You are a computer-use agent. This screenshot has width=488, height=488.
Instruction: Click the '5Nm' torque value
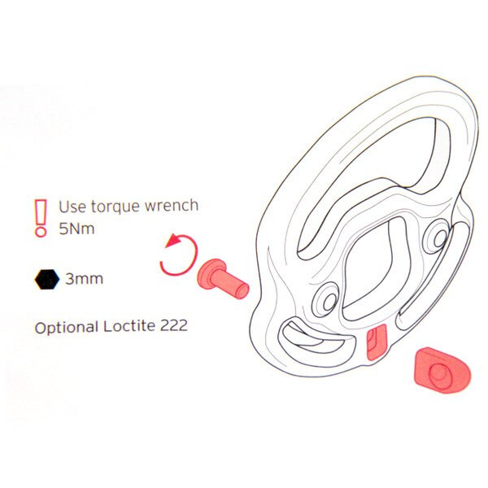point(76,229)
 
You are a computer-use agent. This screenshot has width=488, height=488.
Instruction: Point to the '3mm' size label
point(84,278)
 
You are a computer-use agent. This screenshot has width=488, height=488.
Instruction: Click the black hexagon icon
point(46,279)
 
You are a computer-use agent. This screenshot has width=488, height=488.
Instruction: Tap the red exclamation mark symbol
point(41,218)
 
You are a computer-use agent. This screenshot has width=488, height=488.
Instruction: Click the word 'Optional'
point(67,328)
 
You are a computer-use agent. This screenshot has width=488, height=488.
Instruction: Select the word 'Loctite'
point(129,326)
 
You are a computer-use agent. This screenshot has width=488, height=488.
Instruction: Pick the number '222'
point(174,325)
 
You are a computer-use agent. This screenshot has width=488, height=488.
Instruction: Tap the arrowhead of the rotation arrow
point(173,241)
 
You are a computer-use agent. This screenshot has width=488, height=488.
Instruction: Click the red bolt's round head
point(211,272)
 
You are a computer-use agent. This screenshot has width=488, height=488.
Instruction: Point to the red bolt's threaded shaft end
point(242,290)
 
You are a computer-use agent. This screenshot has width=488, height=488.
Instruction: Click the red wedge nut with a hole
point(442,370)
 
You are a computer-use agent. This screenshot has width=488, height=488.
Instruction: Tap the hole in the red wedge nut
point(440,375)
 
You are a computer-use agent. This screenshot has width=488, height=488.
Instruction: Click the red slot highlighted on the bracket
point(377,342)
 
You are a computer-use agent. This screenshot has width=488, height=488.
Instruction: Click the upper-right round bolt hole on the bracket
point(439,238)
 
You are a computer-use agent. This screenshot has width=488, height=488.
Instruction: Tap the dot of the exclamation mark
point(41,232)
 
